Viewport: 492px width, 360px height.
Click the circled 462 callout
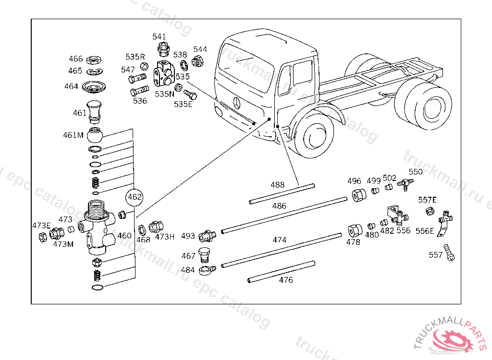pos(135,197)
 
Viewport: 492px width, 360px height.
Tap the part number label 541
pos(159,36)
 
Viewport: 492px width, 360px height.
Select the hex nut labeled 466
pos(94,59)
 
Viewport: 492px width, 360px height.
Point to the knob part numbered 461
pos(94,112)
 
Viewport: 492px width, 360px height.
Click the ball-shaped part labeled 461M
pos(95,135)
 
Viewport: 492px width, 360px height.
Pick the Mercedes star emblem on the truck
pos(237,103)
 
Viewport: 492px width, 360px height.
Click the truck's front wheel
pos(314,135)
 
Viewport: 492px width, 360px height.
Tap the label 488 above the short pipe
pos(278,185)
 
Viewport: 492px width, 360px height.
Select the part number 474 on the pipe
pos(280,240)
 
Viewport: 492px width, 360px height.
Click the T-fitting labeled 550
pos(406,183)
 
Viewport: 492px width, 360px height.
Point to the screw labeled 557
pos(449,252)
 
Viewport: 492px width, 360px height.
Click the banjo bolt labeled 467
pos(204,255)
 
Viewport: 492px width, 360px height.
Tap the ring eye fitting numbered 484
pos(208,270)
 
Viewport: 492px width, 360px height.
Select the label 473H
pos(165,237)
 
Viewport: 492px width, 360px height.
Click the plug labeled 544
pos(198,60)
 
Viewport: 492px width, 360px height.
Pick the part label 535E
pos(183,104)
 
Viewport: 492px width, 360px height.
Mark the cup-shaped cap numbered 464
pos(94,87)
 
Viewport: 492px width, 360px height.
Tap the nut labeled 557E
pos(430,211)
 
